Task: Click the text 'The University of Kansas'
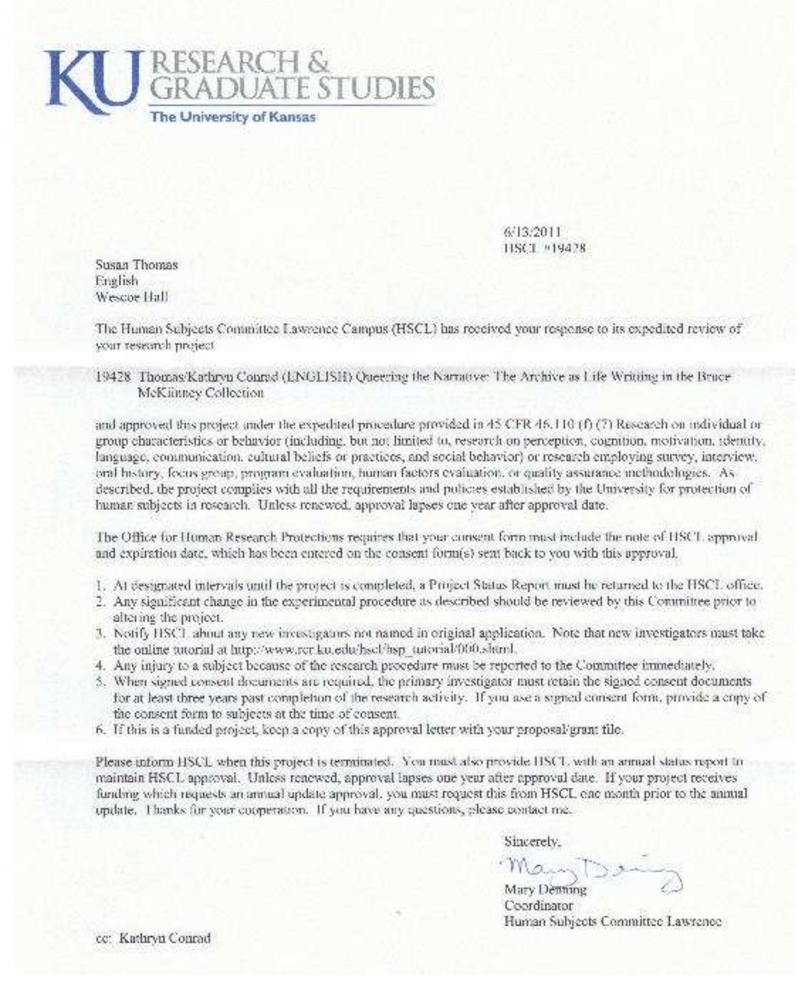point(233,117)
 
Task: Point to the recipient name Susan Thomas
point(136,265)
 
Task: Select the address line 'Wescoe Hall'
point(132,297)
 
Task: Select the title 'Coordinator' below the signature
point(539,905)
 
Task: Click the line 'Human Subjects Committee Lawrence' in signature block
point(612,921)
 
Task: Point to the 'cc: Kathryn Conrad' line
point(153,938)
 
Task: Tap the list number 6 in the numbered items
point(99,729)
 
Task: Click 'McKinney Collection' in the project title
point(201,393)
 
